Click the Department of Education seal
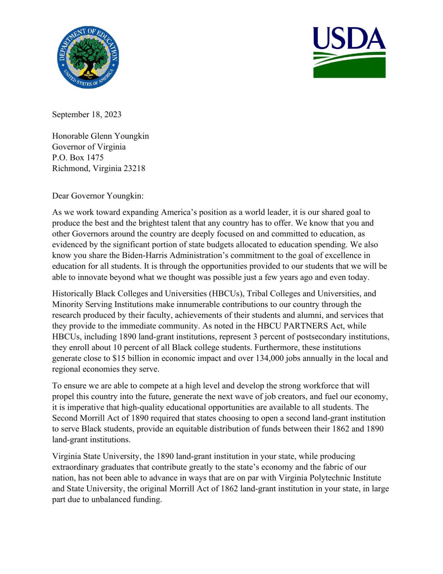[88, 57]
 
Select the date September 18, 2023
[86, 115]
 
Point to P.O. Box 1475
[78, 158]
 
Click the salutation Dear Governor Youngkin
[98, 196]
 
